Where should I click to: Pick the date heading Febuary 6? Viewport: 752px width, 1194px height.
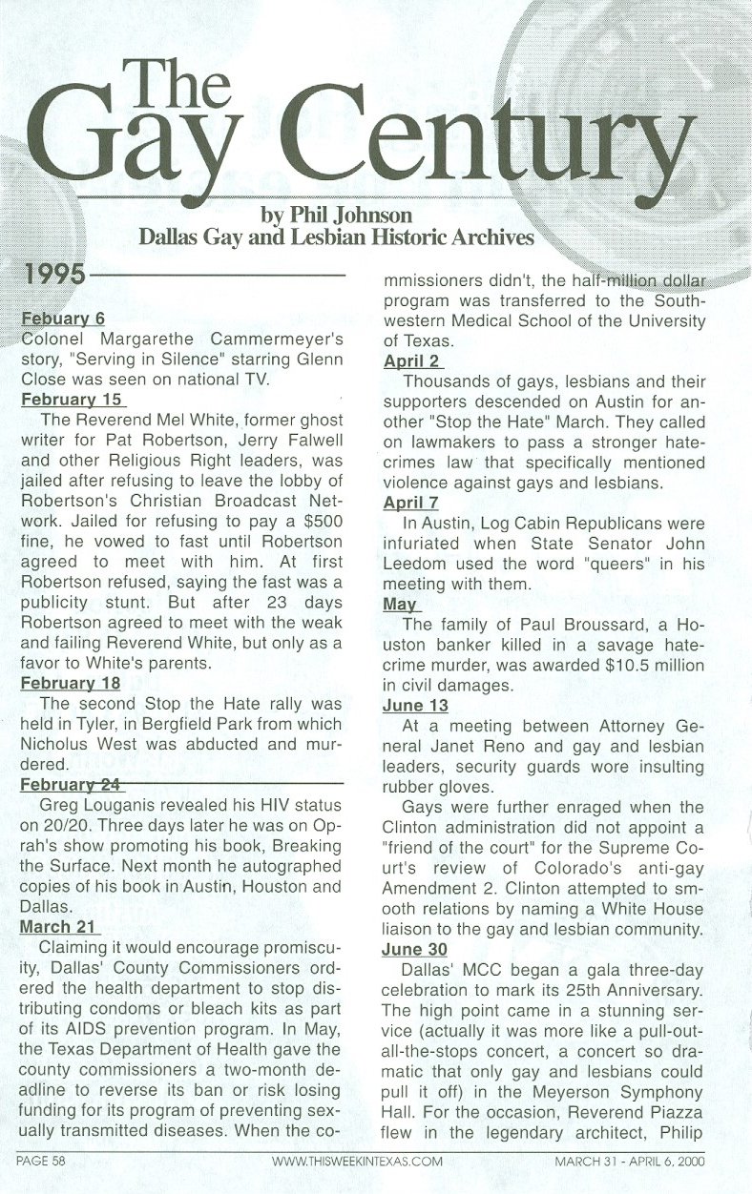(x=63, y=319)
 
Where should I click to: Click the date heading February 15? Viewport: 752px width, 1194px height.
(x=72, y=400)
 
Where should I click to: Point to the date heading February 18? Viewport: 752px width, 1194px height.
(x=72, y=683)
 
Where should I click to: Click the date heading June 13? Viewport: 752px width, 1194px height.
(x=415, y=705)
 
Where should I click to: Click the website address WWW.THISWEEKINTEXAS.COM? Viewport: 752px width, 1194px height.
(x=357, y=1162)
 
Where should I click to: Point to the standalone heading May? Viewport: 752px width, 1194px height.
(x=399, y=604)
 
